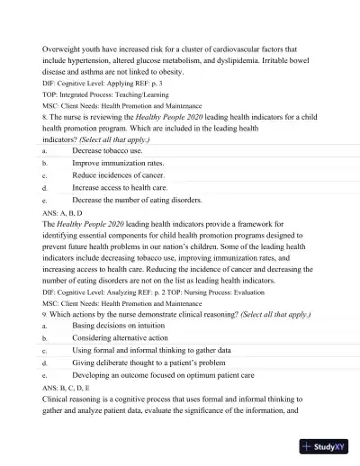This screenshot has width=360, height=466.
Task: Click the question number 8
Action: coord(45,116)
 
